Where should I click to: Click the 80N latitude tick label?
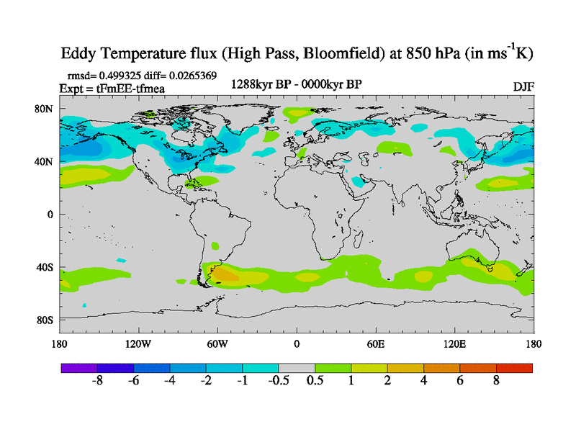click(45, 109)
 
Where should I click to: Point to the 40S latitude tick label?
click(45, 267)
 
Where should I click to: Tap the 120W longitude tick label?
click(138, 344)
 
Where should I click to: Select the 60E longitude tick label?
click(375, 344)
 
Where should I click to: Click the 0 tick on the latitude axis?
click(50, 215)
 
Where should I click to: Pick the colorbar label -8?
click(98, 382)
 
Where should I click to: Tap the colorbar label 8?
click(496, 382)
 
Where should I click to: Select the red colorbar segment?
click(514, 367)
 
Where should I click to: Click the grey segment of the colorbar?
click(297, 367)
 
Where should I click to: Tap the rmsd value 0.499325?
click(119, 76)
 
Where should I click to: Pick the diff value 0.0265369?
click(191, 76)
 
